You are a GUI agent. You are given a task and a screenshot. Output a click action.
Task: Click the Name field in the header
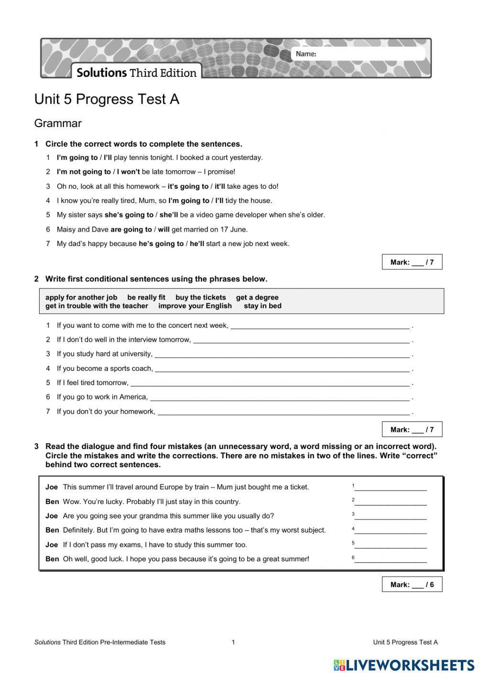(x=368, y=54)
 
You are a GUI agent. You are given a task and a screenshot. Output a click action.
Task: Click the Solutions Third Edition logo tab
(x=136, y=73)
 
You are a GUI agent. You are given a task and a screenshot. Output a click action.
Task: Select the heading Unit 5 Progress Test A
(x=107, y=99)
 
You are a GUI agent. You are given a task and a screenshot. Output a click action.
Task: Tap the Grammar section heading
(x=58, y=123)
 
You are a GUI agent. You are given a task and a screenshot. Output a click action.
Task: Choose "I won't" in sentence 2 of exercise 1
(x=128, y=172)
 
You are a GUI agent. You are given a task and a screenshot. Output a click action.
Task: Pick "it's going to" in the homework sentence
(x=188, y=186)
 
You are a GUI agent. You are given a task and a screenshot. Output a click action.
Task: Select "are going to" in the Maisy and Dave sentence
(x=131, y=229)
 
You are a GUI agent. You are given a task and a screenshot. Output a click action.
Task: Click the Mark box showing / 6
(x=412, y=584)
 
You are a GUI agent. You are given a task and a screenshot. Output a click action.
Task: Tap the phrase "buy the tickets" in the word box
(x=200, y=297)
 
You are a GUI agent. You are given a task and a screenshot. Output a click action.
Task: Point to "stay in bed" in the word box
(x=262, y=306)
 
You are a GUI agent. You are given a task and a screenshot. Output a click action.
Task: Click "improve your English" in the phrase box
(x=195, y=306)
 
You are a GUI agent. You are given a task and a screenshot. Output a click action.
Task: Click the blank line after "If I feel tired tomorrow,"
(x=270, y=383)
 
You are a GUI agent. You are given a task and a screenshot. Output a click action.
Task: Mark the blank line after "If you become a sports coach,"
(x=282, y=369)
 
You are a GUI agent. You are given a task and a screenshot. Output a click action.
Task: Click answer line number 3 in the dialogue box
(x=390, y=516)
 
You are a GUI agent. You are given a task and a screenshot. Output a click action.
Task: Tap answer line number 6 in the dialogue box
(x=390, y=559)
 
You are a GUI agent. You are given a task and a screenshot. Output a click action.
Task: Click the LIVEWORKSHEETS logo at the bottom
(x=403, y=665)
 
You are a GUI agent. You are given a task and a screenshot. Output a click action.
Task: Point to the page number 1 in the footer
(x=233, y=642)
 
